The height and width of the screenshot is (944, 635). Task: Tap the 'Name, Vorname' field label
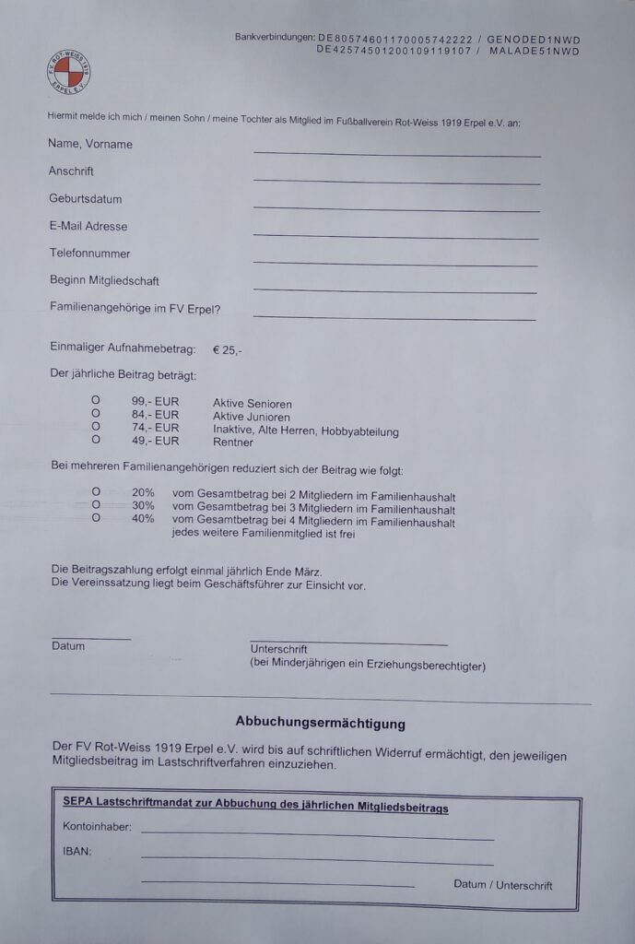tap(90, 145)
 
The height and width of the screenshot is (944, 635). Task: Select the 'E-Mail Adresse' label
tap(88, 227)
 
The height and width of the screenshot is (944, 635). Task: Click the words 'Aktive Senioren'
tap(252, 404)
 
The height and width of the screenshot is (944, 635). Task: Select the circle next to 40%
tap(95, 520)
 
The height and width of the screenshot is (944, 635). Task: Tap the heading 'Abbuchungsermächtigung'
tap(320, 725)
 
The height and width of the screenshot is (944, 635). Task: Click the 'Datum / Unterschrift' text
tap(502, 885)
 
